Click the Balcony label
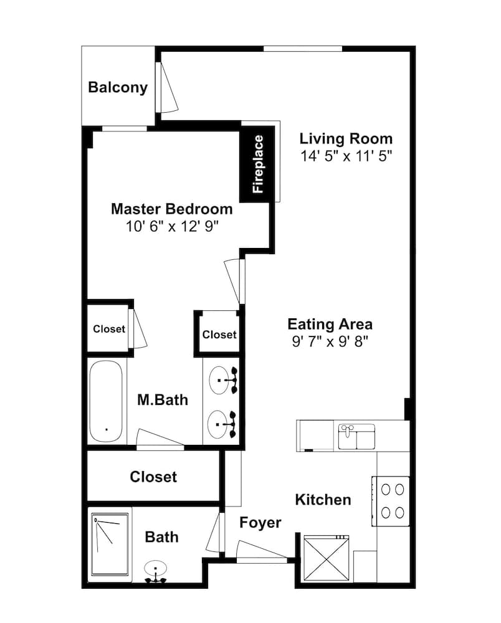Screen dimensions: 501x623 click(x=118, y=87)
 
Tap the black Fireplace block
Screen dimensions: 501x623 click(x=257, y=164)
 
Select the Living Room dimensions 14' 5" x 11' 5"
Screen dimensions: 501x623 click(x=346, y=156)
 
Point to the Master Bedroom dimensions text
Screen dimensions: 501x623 click(x=172, y=227)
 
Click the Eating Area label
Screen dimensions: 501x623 click(x=330, y=324)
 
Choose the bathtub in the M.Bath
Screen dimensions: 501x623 click(x=106, y=401)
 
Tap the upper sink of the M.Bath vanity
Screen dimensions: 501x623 click(x=219, y=380)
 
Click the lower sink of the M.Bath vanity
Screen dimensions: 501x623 click(x=217, y=424)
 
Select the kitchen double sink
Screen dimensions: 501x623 click(x=356, y=436)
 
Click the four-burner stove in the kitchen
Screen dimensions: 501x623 click(x=391, y=501)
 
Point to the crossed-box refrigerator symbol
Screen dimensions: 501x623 click(x=326, y=558)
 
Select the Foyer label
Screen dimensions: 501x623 click(x=260, y=523)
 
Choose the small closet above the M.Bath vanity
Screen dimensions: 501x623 click(x=219, y=334)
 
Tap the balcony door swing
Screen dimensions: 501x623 click(x=167, y=87)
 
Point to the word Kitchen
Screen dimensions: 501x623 click(x=323, y=500)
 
